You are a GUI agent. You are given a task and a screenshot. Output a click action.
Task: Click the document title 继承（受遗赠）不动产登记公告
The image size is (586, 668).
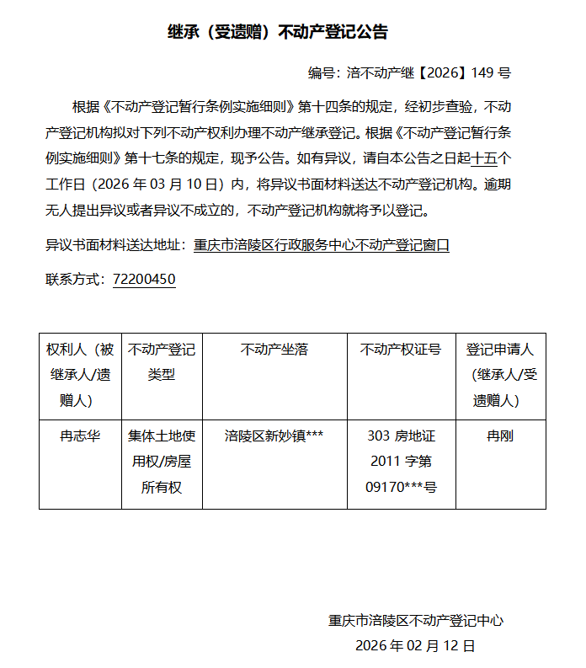tap(278, 33)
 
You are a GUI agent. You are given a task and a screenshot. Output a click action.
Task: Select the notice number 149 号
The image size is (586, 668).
tap(491, 73)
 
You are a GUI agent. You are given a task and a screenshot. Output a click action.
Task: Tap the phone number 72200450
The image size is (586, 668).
tap(144, 279)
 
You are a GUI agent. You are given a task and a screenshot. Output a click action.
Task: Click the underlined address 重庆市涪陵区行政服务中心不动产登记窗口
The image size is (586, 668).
tap(321, 245)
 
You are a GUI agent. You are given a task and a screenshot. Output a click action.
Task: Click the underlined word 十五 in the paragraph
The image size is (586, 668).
tap(485, 158)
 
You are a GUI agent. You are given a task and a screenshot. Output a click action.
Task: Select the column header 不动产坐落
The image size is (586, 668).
tap(274, 350)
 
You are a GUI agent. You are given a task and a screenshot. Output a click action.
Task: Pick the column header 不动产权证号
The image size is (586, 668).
tap(401, 350)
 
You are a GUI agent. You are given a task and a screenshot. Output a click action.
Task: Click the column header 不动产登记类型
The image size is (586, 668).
tap(162, 361)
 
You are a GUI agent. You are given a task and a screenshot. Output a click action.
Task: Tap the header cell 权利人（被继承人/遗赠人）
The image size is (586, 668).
tap(80, 374)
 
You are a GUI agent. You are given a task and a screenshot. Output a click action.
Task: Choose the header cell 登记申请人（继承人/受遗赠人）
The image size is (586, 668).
tap(500, 374)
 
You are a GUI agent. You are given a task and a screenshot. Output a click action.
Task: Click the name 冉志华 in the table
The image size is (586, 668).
tap(80, 436)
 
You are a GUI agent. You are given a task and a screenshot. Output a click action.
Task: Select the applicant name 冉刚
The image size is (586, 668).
tap(500, 436)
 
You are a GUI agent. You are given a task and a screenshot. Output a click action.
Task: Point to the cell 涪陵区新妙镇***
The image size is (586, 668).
tap(274, 436)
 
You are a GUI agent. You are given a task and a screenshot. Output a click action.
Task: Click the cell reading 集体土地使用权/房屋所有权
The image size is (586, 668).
tap(162, 462)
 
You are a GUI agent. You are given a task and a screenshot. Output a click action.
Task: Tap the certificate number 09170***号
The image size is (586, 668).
tap(401, 487)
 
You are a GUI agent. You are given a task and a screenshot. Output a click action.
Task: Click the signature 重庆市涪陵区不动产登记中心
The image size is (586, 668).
tap(416, 621)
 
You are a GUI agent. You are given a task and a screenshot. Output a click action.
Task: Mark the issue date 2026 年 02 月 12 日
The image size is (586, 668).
tap(416, 646)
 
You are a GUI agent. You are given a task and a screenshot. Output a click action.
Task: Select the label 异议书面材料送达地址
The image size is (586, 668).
tap(115, 245)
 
